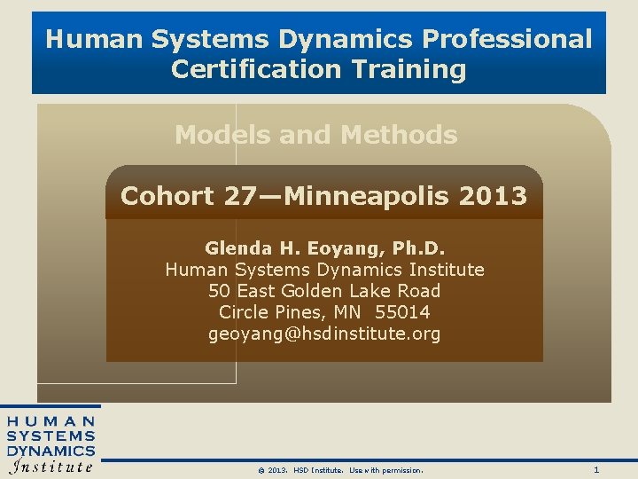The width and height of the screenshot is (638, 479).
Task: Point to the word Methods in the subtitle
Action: tap(399, 135)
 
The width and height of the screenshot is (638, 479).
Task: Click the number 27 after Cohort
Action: tap(238, 195)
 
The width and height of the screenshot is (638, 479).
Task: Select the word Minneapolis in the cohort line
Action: tap(361, 195)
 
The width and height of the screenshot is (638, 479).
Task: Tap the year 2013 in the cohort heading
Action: tap(493, 195)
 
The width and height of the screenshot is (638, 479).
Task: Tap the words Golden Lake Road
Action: tap(372, 291)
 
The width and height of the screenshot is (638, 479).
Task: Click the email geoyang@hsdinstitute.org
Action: tap(324, 334)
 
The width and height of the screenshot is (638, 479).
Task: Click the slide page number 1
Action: tap(596, 469)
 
